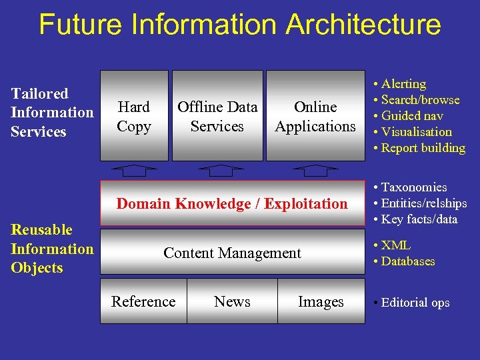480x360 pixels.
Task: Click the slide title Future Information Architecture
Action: (240, 25)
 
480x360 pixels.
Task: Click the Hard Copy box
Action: (134, 116)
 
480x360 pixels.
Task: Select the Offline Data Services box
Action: (217, 116)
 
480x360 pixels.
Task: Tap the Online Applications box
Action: (315, 116)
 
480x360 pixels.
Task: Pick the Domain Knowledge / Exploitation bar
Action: (232, 203)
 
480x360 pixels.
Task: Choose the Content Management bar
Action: (232, 253)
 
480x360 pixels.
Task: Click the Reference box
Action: (143, 301)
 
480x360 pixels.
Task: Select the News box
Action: (232, 301)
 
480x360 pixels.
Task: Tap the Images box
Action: (321, 301)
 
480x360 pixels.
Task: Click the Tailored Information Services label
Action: (52, 112)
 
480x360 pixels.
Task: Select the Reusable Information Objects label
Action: (52, 249)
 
